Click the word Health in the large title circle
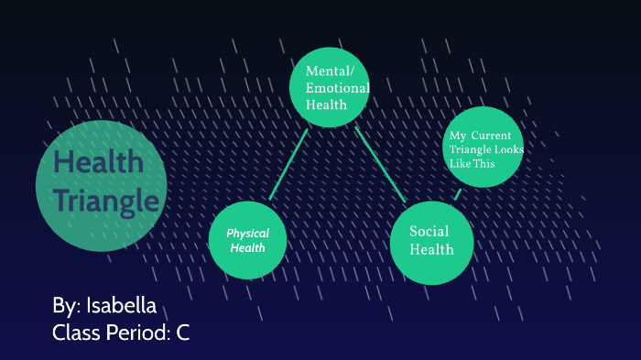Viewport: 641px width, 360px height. pos(98,163)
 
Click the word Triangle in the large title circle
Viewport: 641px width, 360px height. pos(105,200)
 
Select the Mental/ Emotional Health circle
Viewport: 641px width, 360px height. pos(330,86)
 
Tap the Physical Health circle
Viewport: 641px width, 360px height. pos(247,240)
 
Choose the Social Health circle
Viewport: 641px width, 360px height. pos(431,240)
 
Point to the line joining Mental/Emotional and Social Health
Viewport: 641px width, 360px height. pos(380,163)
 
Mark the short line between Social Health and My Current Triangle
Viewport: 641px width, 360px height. pos(458,192)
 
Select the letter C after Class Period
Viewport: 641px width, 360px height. pos(183,333)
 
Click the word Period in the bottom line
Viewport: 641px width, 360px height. pos(137,333)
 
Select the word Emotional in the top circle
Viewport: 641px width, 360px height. pos(338,88)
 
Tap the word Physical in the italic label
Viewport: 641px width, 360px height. pos(247,234)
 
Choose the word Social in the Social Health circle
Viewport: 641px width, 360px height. pos(429,231)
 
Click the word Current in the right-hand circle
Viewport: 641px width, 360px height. pos(492,136)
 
